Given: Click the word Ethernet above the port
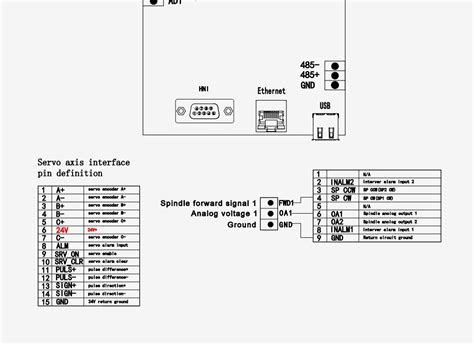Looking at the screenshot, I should [271, 92].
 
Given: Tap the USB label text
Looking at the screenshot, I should [324, 103].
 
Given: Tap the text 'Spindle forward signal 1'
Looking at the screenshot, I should [209, 203].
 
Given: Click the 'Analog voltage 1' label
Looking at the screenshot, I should [223, 214].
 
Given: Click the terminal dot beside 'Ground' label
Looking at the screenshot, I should [268, 224].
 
